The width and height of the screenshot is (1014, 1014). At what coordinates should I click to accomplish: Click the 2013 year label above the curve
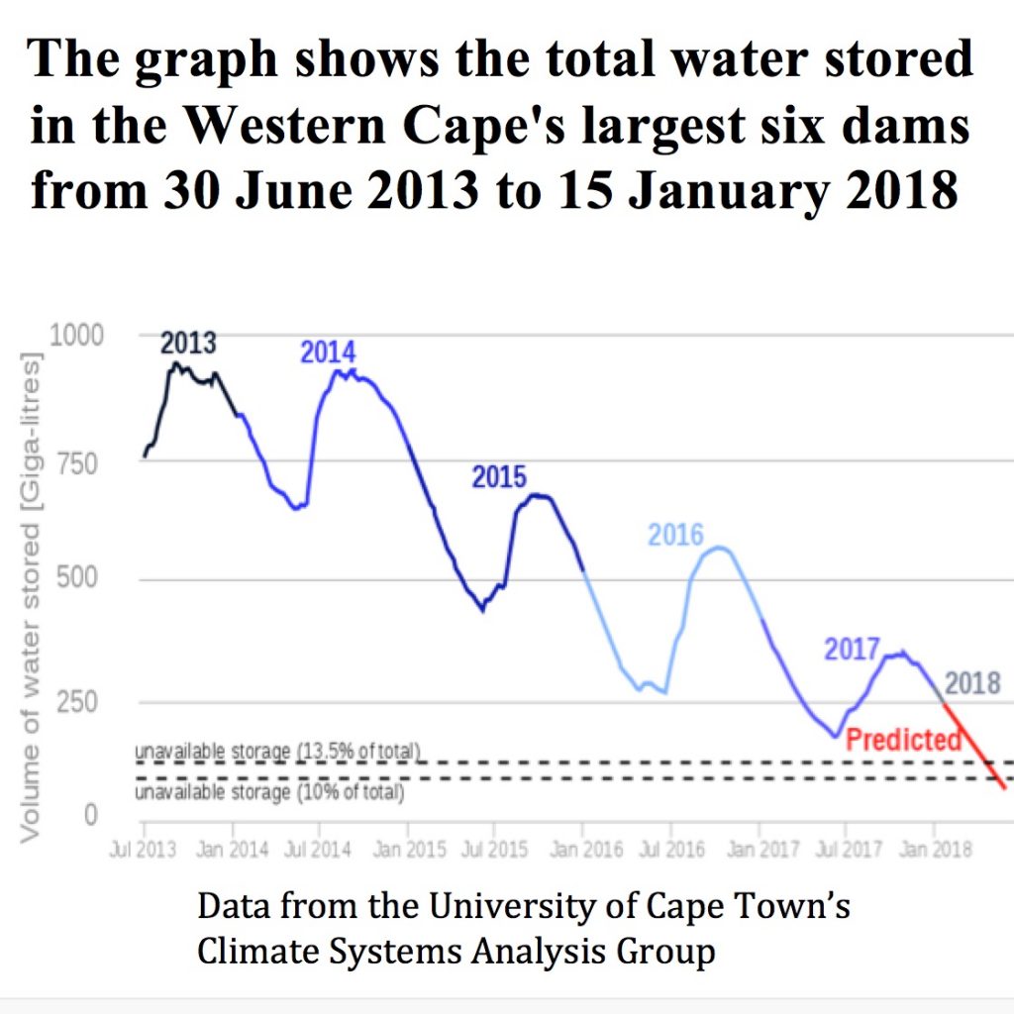[188, 344]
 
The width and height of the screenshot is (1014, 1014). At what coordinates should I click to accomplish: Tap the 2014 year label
[328, 352]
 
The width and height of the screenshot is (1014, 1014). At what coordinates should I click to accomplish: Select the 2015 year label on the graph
[498, 477]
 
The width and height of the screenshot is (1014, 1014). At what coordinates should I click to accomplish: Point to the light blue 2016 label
[675, 536]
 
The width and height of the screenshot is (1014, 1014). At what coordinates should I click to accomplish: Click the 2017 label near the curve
[852, 650]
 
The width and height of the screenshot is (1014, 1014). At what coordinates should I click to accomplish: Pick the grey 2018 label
[971, 683]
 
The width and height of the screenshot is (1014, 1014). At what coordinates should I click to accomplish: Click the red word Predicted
[903, 739]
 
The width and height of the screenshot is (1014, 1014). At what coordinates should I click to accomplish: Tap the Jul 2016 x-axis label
[671, 851]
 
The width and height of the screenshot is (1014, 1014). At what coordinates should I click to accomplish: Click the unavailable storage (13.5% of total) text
[278, 752]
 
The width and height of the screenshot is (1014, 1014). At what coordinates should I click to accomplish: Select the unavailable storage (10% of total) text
[269, 792]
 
